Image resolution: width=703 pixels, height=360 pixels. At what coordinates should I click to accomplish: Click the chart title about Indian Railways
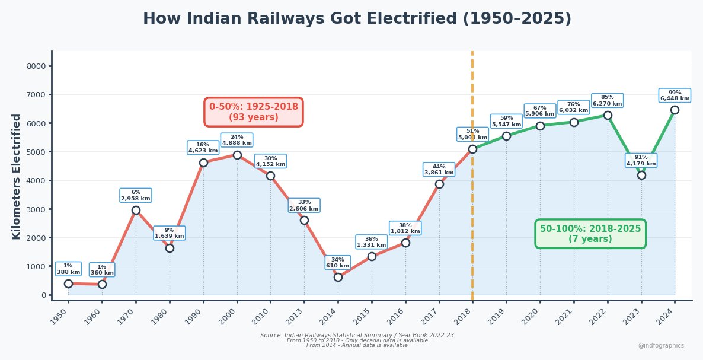pyautogui.click(x=357, y=19)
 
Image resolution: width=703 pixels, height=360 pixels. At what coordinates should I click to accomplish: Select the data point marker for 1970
pyautogui.click(x=136, y=210)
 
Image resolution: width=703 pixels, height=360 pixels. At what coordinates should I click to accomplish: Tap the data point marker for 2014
pyautogui.click(x=338, y=277)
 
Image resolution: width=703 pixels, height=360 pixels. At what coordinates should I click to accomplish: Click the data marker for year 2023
pyautogui.click(x=641, y=175)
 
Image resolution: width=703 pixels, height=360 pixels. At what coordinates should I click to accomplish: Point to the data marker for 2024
pyautogui.click(x=675, y=110)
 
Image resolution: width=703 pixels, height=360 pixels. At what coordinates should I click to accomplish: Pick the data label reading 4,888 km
pyautogui.click(x=237, y=140)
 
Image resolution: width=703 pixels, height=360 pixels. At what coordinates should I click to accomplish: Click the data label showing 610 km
pyautogui.click(x=338, y=263)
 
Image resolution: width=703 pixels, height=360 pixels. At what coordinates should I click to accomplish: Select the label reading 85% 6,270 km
pyautogui.click(x=608, y=101)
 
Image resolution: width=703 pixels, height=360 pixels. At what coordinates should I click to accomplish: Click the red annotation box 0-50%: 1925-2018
pyautogui.click(x=254, y=112)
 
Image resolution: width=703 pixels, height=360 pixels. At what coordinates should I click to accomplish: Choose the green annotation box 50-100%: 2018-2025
pyautogui.click(x=590, y=234)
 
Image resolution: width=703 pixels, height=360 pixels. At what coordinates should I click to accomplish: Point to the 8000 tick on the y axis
pyautogui.click(x=36, y=66)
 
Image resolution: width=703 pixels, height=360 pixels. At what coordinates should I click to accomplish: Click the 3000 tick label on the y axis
pyautogui.click(x=36, y=209)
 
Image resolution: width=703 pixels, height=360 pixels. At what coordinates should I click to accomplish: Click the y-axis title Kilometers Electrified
pyautogui.click(x=17, y=176)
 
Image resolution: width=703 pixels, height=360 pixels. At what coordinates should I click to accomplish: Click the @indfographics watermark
pyautogui.click(x=660, y=345)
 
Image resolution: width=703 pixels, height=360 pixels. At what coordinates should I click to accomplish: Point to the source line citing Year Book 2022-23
pyautogui.click(x=357, y=335)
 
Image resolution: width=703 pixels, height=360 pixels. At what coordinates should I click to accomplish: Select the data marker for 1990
pyautogui.click(x=203, y=163)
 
